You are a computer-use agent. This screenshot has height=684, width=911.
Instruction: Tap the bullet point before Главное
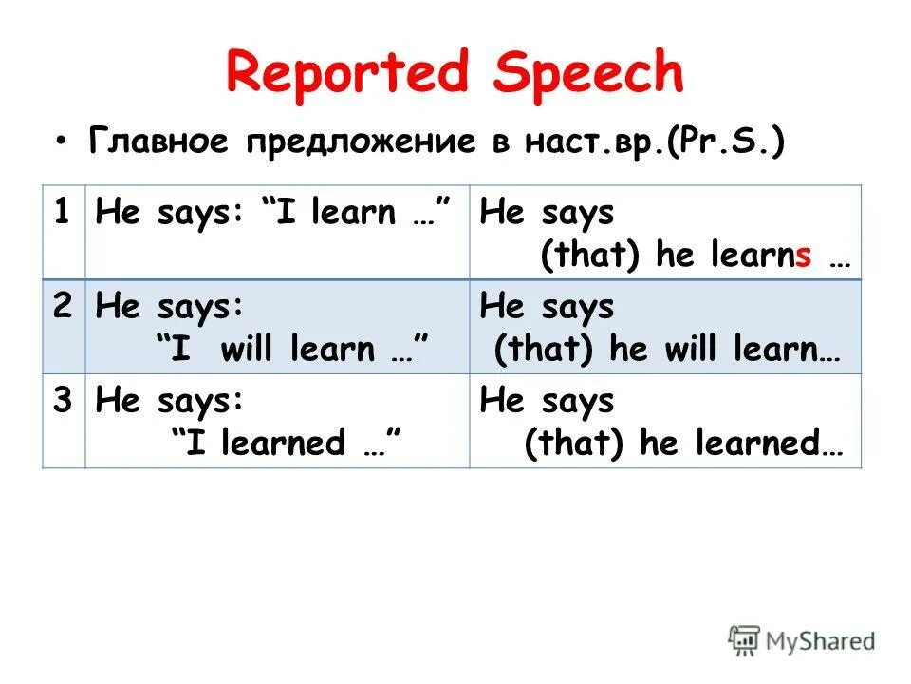[x=62, y=142]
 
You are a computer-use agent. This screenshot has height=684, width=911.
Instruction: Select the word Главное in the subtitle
[x=160, y=142]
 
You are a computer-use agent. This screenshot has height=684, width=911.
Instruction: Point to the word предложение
[x=361, y=142]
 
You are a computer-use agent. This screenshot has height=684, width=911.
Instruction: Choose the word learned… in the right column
[x=777, y=444]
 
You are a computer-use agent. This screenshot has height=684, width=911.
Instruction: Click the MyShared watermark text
[x=820, y=641]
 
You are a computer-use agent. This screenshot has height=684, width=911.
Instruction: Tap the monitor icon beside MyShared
[x=745, y=641]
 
